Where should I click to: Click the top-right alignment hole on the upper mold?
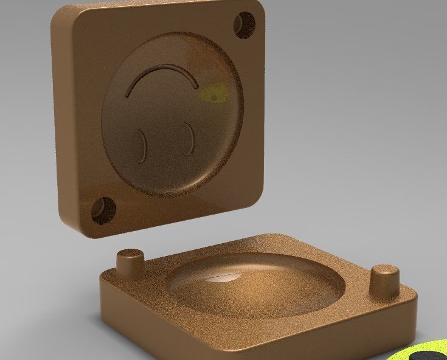[x=245, y=25]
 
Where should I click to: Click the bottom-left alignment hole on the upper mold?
[x=103, y=210]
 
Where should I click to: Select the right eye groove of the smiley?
[x=190, y=139]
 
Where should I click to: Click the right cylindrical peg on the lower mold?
[x=385, y=282]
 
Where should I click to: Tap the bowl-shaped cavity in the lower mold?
[x=255, y=286]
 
